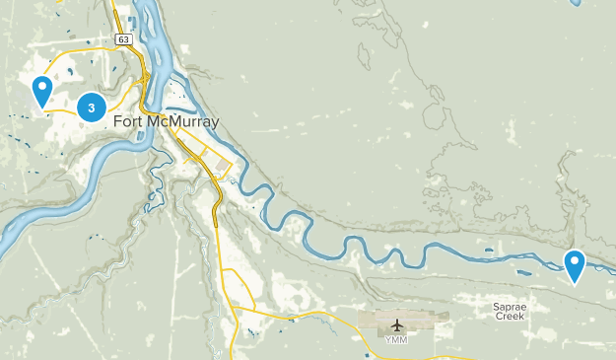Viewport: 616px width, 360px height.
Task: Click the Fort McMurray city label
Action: coord(167,122)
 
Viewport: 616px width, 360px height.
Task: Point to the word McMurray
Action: coord(184,122)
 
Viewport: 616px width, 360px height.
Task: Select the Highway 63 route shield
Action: coord(122,39)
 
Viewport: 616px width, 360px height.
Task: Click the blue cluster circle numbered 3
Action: coord(92,107)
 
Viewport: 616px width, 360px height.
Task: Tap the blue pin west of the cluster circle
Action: coord(41,91)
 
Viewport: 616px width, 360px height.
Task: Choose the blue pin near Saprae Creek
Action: coord(575,264)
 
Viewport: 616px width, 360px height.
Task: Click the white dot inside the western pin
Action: coord(41,87)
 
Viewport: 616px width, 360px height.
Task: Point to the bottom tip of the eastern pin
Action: coord(575,284)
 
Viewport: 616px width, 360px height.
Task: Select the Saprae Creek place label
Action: coord(511,313)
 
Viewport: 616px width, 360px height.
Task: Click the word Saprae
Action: coord(511,307)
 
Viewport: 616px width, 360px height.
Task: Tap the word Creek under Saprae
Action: coord(511,319)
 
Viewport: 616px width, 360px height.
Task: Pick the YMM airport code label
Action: coord(397,341)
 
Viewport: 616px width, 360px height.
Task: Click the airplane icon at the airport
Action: coord(397,325)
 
